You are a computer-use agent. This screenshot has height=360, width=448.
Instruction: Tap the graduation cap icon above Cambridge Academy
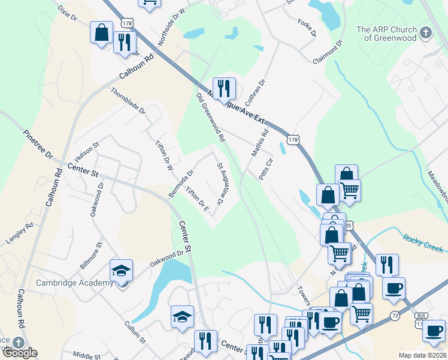pyautogui.click(x=121, y=271)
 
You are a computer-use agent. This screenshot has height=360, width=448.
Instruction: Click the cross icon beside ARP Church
pyautogui.click(x=425, y=33)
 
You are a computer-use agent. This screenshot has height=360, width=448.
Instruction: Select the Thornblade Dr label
pyautogui.click(x=128, y=101)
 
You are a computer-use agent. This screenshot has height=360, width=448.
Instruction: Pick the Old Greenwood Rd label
pyautogui.click(x=211, y=117)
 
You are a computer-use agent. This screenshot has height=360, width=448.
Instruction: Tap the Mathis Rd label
pyautogui.click(x=260, y=142)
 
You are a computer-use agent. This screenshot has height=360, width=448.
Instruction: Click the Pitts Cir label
pyautogui.click(x=265, y=169)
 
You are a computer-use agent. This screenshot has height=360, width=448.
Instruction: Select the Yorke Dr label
pyautogui.click(x=306, y=26)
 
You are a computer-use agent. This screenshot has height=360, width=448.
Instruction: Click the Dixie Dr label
pyautogui.click(x=68, y=13)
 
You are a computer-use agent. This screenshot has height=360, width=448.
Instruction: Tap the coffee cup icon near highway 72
pyautogui.click(x=393, y=288)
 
